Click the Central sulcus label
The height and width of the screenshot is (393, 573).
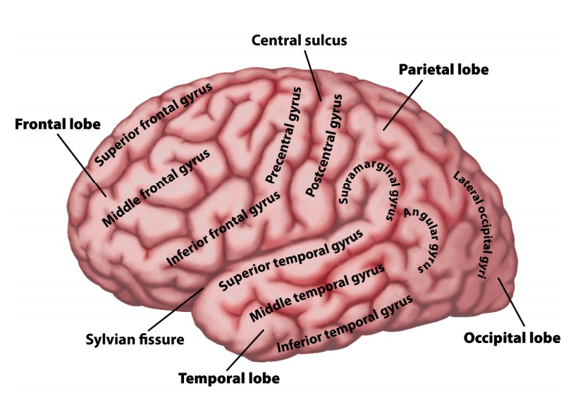point(300,40)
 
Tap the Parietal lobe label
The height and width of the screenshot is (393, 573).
point(443,70)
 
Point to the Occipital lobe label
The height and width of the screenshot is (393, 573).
point(512,338)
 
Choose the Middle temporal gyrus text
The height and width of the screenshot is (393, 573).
point(318,291)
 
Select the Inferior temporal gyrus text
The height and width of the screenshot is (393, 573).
point(345,325)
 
